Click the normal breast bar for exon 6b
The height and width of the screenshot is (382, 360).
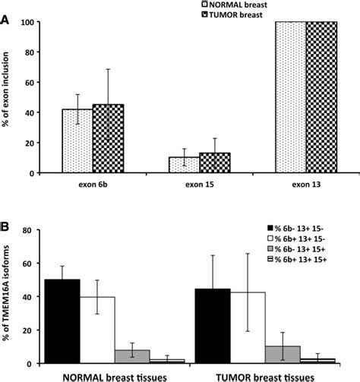[x=77, y=141]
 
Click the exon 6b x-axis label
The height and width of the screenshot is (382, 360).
[x=93, y=184]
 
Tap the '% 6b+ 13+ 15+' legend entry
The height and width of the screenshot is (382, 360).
[x=304, y=260]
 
